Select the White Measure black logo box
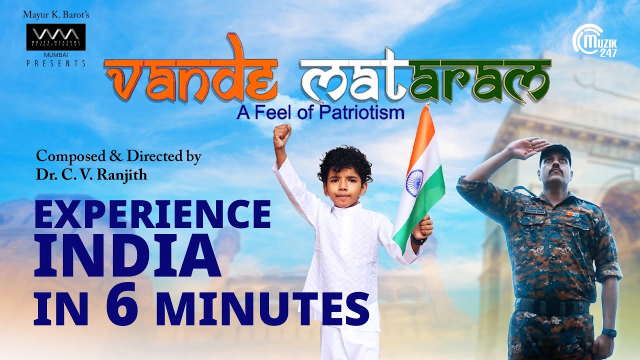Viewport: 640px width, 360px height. click(x=56, y=37)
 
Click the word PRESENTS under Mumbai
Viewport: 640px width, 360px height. click(x=56, y=63)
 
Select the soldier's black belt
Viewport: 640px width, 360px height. click(x=552, y=305)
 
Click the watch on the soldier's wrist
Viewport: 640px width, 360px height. click(x=609, y=332)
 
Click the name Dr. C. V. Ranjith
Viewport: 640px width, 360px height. click(x=91, y=175)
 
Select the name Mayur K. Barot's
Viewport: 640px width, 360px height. click(x=56, y=14)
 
